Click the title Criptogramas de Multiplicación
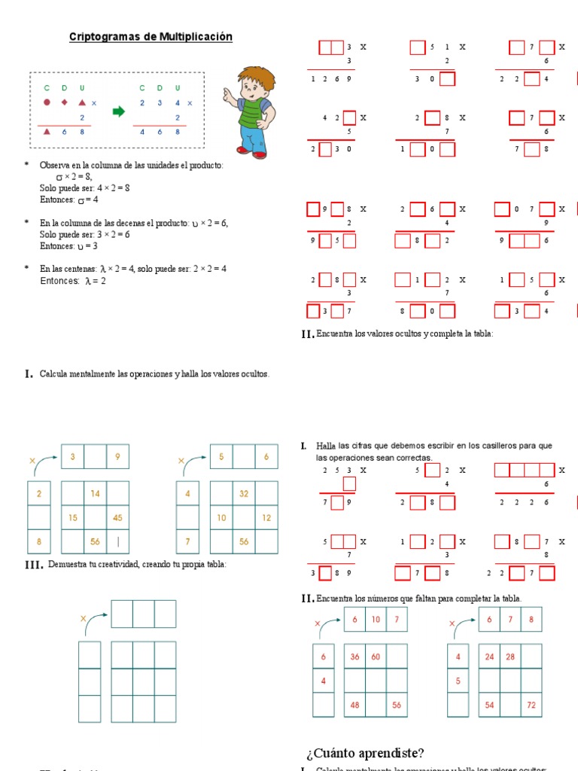point(151,37)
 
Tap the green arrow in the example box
point(117,112)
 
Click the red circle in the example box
point(47,102)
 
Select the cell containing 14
point(95,494)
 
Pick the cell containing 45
point(117,517)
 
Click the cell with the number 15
point(73,517)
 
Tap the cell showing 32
point(245,494)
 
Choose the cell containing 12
point(266,517)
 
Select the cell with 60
point(376,657)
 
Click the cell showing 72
point(531,705)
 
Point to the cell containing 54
point(489,705)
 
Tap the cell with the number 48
point(354,705)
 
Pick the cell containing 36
point(354,657)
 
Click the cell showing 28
point(510,657)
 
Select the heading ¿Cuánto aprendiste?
point(365,753)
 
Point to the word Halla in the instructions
point(326,446)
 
